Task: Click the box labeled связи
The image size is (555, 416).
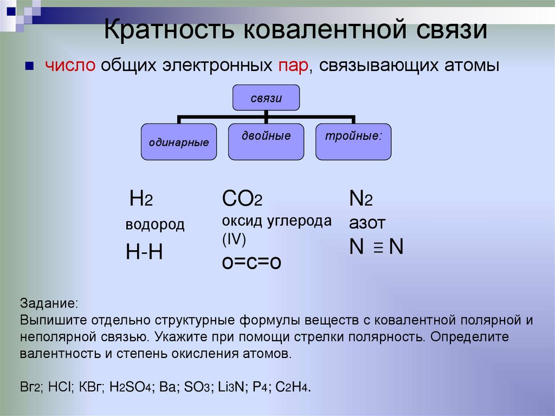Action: (x=266, y=98)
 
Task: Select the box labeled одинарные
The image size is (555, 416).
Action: (x=179, y=142)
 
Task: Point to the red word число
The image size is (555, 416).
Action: (x=71, y=66)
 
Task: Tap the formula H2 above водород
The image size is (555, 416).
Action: (x=141, y=200)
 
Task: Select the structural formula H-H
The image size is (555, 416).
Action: (x=144, y=252)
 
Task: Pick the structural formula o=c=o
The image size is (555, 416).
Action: (x=252, y=261)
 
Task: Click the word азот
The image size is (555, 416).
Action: (x=367, y=223)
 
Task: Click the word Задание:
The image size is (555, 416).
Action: (x=49, y=302)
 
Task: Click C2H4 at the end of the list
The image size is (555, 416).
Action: (x=293, y=387)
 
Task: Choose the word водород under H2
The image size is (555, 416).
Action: (x=155, y=225)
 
